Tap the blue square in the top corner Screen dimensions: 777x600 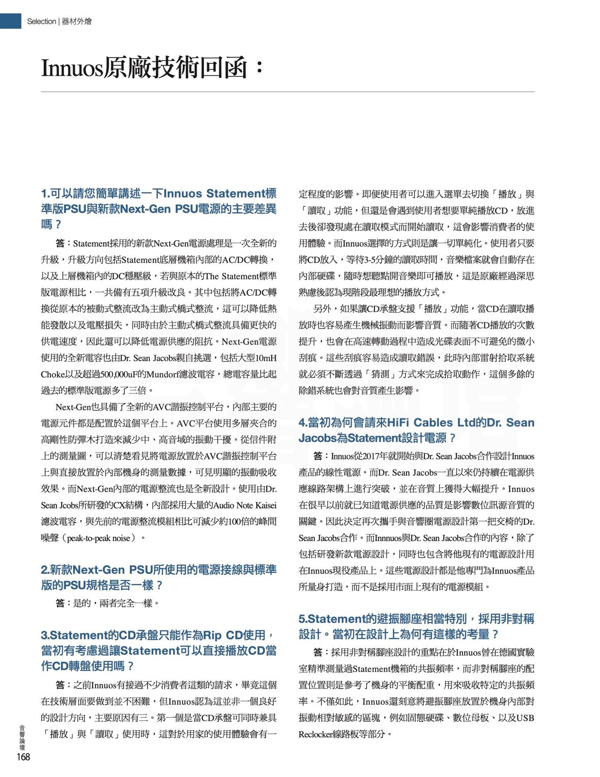point(10,21)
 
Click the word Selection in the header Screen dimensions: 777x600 point(41,21)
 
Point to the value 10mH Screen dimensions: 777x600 point(266,358)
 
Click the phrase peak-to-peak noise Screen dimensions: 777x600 point(98,538)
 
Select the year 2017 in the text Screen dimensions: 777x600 point(371,456)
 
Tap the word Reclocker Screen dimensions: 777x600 point(317,734)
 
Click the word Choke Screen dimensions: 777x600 point(52,374)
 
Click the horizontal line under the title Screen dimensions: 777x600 point(287,92)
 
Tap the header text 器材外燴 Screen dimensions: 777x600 point(77,21)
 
